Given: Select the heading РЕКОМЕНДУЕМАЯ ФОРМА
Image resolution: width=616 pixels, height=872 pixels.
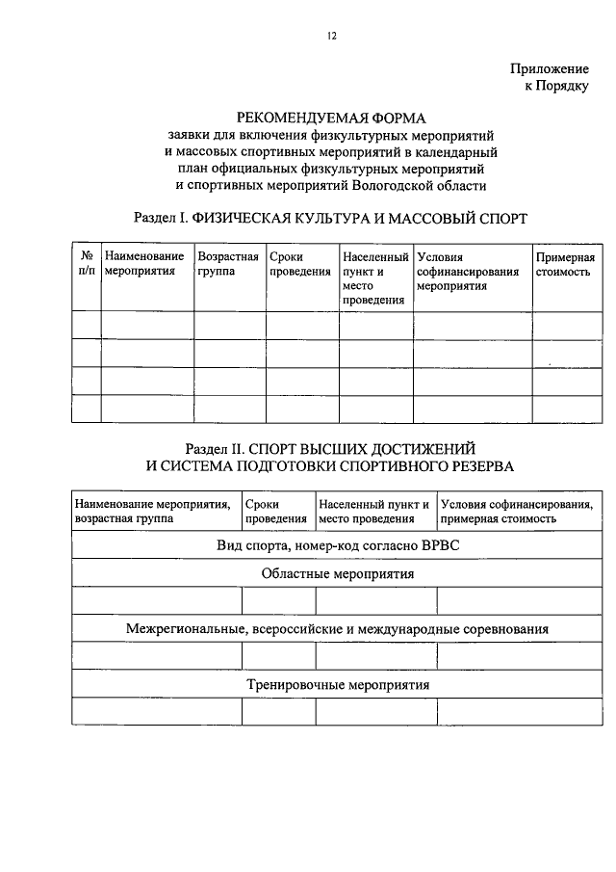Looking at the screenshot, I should (331, 118).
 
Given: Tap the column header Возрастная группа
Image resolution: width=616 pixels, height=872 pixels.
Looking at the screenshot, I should (228, 265).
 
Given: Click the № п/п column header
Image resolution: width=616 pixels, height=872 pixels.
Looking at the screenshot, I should (87, 265).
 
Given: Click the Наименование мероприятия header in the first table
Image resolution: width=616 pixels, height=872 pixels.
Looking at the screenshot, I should (144, 265).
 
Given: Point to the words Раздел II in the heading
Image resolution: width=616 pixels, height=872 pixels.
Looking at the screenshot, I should (217, 449).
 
